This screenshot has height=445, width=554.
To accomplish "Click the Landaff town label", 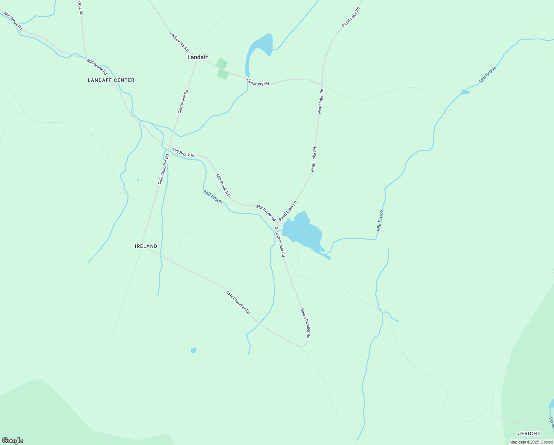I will pos(197,57).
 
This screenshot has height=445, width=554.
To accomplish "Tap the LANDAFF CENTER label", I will pos(111,80).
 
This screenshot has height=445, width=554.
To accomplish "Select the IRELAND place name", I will pos(146,246).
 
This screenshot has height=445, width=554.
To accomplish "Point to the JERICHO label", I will pos(529,434).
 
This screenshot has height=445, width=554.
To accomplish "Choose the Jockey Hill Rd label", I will pos(179,42).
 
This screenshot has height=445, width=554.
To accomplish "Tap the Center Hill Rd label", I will pos(183,101).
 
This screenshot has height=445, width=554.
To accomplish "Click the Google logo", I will pos(12,441).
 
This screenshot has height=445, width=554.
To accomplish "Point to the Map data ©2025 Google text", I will pos(531,442).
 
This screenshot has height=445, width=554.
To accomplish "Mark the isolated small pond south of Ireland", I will pos(193,350).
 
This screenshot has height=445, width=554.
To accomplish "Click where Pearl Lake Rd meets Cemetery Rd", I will pos(322,85).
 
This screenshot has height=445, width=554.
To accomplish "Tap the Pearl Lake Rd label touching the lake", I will pos(288,211).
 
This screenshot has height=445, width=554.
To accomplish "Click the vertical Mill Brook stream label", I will pos(380,221).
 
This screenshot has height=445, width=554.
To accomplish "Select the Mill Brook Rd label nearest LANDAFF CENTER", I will pos(97,67).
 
